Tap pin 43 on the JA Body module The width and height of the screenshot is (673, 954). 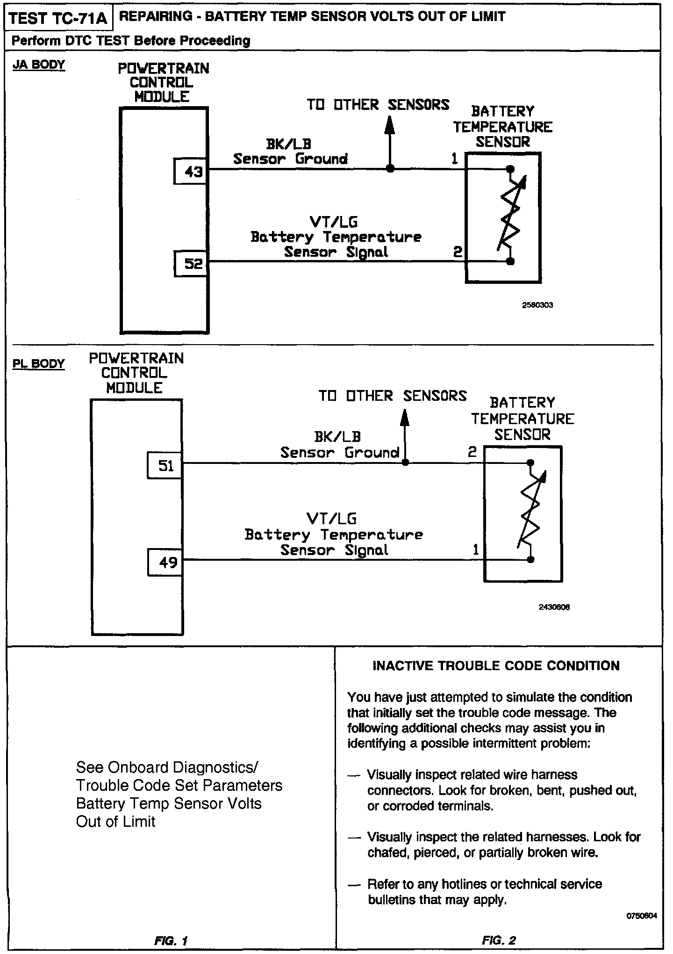tap(193, 172)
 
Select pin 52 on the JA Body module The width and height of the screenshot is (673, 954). tap(193, 264)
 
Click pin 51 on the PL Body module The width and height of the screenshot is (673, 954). tap(166, 466)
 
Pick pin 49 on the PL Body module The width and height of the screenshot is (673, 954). tap(166, 563)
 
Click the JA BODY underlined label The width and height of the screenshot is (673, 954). tap(39, 65)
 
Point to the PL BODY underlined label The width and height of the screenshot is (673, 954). tap(39, 363)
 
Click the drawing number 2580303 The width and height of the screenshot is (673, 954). tap(537, 305)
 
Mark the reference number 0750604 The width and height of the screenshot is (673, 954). tap(641, 916)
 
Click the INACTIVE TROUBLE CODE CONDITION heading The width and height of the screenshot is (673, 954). tap(496, 666)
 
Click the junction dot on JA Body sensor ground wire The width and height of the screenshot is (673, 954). tap(390, 169)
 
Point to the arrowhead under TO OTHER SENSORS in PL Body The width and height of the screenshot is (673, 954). tap(405, 417)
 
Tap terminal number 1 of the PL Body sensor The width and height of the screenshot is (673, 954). tap(476, 550)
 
